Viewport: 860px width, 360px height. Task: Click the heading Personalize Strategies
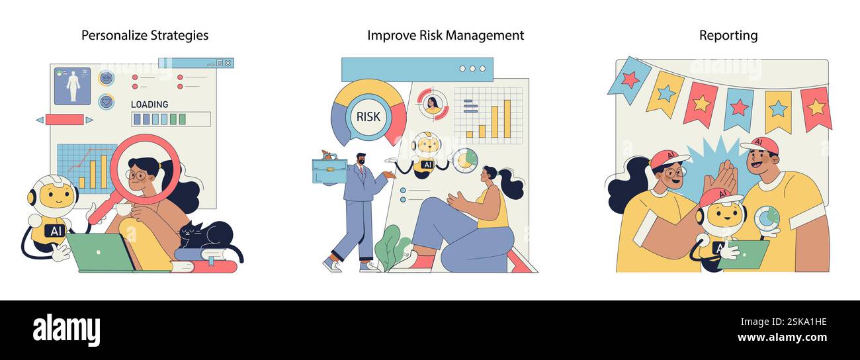click(144, 35)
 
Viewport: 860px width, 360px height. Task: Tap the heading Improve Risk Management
click(445, 35)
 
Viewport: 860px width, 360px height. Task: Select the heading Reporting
click(728, 35)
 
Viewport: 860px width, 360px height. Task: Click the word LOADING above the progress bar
click(150, 104)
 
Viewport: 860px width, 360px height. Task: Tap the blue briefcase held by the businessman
click(329, 169)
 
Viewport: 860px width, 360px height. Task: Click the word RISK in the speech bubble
click(368, 116)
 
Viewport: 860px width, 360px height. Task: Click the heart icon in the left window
click(106, 101)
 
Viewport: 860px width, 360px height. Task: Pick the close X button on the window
click(228, 63)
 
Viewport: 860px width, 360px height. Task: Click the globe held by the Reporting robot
click(767, 218)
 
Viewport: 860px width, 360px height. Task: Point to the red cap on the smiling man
click(759, 146)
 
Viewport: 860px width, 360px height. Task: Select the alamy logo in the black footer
click(66, 330)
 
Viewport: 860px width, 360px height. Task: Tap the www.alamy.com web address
click(782, 337)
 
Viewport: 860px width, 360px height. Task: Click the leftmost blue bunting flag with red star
click(629, 79)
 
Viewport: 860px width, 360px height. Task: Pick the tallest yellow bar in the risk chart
click(507, 118)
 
